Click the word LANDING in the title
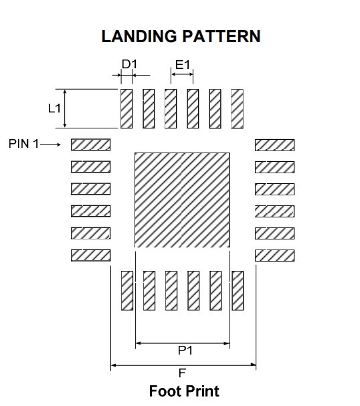(139, 36)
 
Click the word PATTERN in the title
(221, 36)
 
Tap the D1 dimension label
(129, 64)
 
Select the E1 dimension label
(183, 65)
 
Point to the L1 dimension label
(54, 108)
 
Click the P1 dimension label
(185, 350)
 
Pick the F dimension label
(182, 373)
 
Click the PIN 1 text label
(23, 144)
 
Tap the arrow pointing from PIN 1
(50, 144)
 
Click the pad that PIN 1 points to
(90, 144)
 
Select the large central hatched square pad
(182, 200)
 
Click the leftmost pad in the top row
(126, 108)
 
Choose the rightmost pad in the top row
(238, 108)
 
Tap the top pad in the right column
(274, 145)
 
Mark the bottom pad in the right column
(274, 256)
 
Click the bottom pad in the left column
(90, 256)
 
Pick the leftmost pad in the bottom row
(127, 290)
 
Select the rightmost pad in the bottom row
(238, 290)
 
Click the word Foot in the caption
(165, 391)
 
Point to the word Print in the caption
(202, 391)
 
